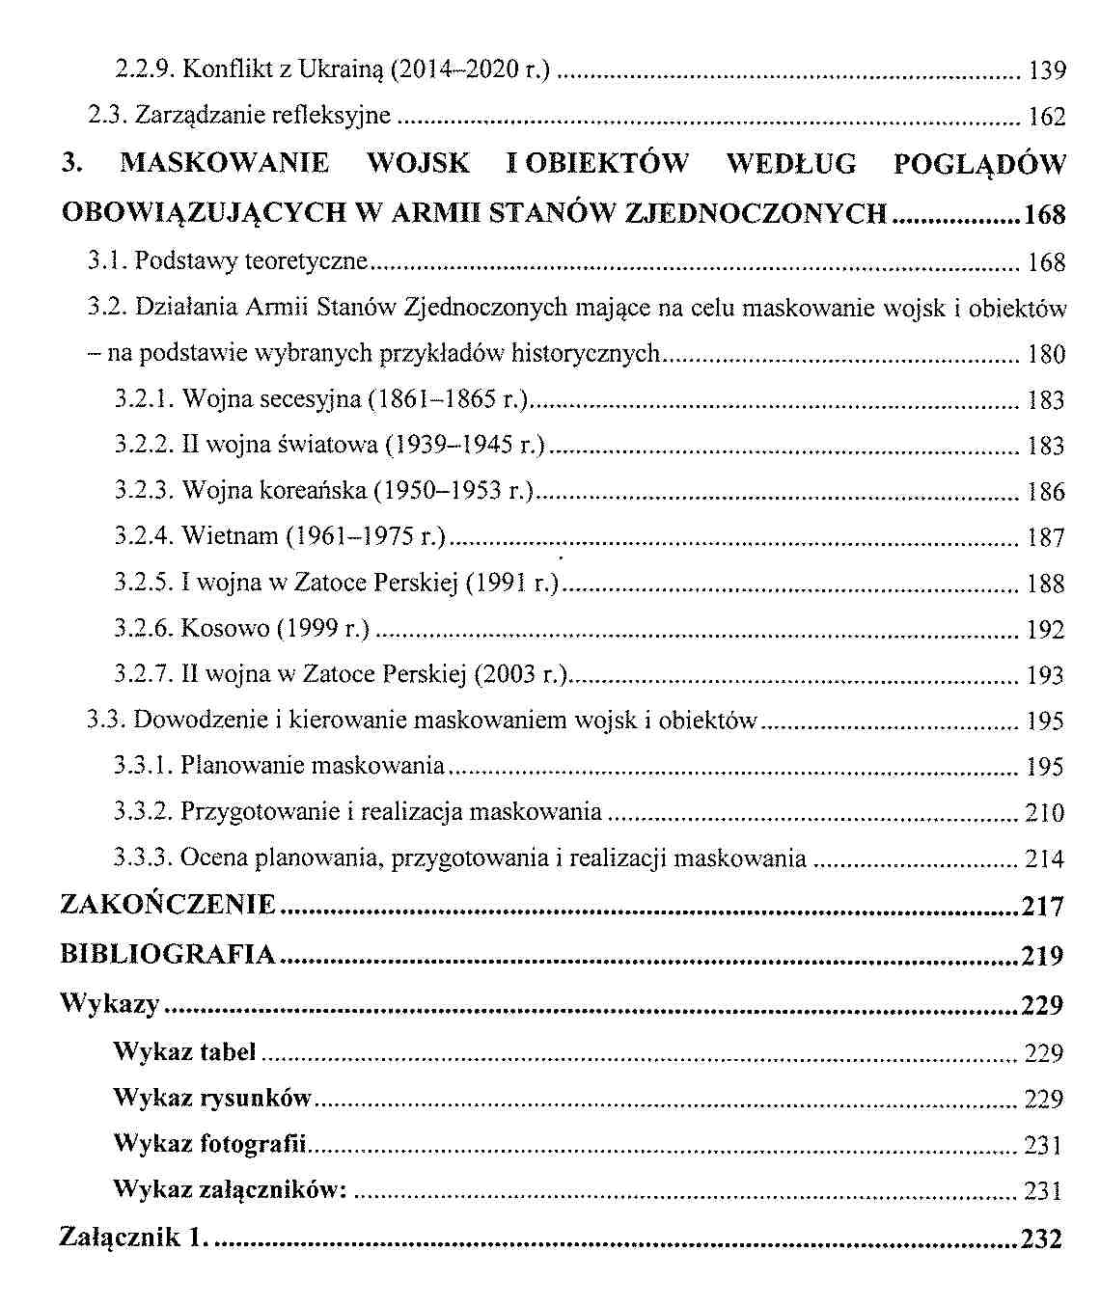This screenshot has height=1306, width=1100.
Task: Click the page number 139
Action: click(1047, 70)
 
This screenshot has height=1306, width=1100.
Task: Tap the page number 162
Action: click(1047, 117)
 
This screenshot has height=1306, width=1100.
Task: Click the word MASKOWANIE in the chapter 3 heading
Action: click(225, 163)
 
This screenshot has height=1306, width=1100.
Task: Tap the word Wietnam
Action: click(230, 537)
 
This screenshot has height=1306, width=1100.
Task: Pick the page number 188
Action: click(1047, 584)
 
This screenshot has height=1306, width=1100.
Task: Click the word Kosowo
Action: click(226, 629)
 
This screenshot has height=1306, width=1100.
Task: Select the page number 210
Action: click(1045, 813)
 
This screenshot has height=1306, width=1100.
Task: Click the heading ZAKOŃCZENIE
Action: click(169, 905)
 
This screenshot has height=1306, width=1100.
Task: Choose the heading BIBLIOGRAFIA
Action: click(169, 955)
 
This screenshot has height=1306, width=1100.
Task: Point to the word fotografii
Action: click(253, 1144)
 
